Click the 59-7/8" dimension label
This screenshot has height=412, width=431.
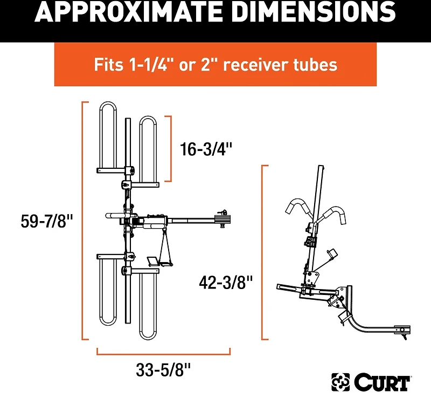click(x=46, y=222)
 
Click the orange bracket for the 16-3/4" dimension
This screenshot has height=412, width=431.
click(x=171, y=148)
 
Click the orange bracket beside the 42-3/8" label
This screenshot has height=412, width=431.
click(x=263, y=252)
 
